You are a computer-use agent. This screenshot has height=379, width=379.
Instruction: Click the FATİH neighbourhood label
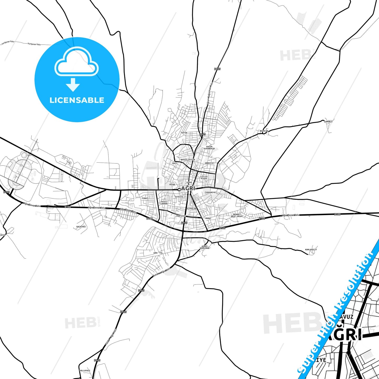click(x=184, y=133)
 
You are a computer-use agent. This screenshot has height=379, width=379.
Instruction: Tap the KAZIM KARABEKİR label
click(x=209, y=148)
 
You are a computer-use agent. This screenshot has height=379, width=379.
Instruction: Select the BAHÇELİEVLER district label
click(x=188, y=159)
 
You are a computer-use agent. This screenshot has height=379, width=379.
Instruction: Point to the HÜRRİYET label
click(x=210, y=163)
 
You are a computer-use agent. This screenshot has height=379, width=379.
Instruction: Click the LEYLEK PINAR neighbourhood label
click(x=204, y=178)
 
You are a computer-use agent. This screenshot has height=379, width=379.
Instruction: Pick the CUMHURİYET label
click(x=211, y=192)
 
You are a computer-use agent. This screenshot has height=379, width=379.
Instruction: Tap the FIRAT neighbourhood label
click(x=145, y=198)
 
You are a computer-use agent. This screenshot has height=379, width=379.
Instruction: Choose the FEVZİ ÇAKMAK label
click(x=164, y=203)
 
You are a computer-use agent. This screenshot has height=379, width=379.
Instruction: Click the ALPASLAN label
click(x=191, y=209)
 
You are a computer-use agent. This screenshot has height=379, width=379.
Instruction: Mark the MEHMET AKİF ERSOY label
click(x=237, y=215)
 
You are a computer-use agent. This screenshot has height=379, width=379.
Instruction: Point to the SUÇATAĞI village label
click(x=81, y=227)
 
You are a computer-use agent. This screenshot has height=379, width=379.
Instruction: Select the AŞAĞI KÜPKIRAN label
click(x=205, y=247)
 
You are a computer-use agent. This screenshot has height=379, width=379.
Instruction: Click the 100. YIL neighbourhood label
click(x=158, y=253)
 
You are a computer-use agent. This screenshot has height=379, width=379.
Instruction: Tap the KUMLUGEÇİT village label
click(x=311, y=249)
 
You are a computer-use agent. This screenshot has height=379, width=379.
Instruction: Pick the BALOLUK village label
click(x=264, y=131)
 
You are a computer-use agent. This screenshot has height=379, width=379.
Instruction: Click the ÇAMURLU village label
click(x=328, y=122)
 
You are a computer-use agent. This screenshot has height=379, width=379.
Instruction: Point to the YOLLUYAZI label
click(x=85, y=371)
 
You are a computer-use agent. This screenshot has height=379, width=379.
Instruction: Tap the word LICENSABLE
click(x=77, y=100)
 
